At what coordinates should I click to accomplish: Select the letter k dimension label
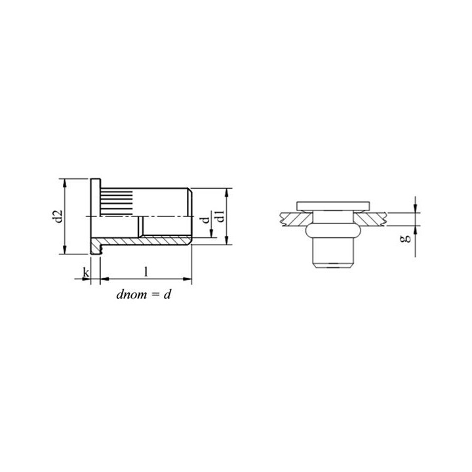(x=86, y=273)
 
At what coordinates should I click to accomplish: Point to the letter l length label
(x=146, y=272)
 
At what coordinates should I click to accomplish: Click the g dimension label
(x=406, y=239)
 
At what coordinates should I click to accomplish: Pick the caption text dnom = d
(x=144, y=294)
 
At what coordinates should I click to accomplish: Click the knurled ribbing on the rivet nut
(x=117, y=201)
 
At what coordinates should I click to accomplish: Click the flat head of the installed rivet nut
(x=333, y=206)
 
